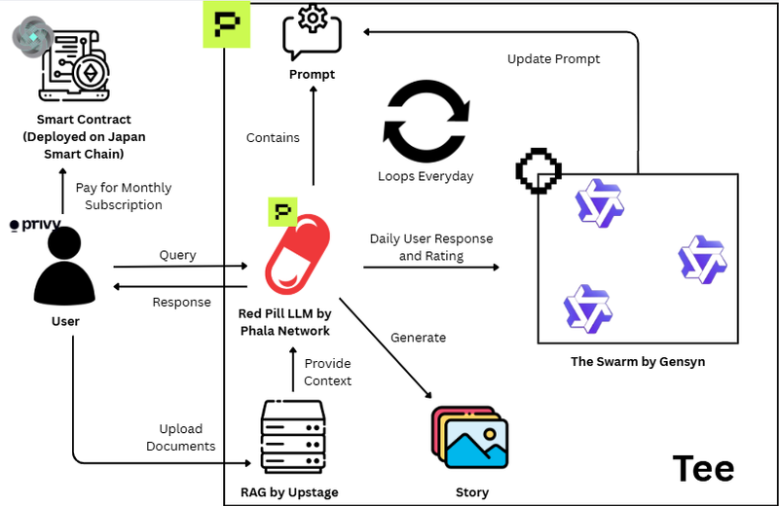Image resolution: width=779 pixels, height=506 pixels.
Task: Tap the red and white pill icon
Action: [298, 255]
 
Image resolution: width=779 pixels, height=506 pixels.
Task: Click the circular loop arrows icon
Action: [426, 122]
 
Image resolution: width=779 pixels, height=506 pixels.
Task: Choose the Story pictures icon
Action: [470, 438]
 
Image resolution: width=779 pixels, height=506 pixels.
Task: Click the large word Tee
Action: [703, 469]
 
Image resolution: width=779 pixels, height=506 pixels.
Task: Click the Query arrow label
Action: [177, 255]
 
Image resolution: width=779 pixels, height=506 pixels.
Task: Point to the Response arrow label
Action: [181, 302]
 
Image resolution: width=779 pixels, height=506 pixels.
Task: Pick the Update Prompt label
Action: [553, 59]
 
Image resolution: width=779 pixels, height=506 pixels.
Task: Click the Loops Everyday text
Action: [426, 176]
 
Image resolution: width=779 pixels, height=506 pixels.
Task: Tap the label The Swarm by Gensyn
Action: [638, 362]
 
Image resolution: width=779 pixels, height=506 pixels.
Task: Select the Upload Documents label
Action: [181, 437]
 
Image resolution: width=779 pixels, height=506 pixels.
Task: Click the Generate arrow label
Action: [418, 338]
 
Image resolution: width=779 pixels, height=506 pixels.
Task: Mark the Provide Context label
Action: [327, 372]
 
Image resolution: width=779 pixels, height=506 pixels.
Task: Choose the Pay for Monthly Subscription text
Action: [123, 196]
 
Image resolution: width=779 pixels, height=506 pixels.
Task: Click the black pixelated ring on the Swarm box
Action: [538, 171]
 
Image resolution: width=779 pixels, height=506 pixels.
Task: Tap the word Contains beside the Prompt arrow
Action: [273, 137]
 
